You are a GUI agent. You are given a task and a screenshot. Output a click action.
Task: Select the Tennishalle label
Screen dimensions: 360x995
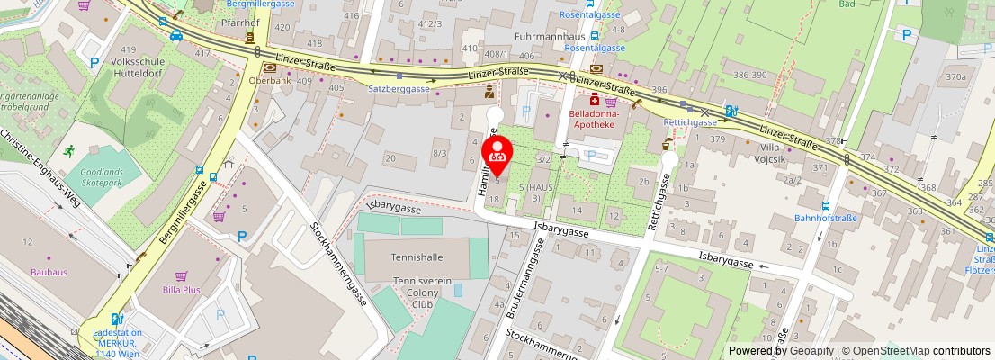(x=417, y=256)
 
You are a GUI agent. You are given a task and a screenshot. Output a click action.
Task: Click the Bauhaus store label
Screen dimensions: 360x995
(x=49, y=272)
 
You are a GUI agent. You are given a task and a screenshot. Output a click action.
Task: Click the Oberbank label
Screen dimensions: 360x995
(x=268, y=79)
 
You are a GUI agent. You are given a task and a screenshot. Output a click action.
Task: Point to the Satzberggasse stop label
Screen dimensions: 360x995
(x=399, y=89)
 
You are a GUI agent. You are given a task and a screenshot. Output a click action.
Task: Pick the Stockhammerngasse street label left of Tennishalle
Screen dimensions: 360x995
(x=339, y=263)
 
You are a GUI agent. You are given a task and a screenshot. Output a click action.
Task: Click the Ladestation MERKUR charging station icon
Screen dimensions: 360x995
(x=114, y=318)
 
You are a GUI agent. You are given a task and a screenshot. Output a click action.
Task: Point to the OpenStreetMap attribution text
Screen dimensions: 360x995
(x=914, y=351)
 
